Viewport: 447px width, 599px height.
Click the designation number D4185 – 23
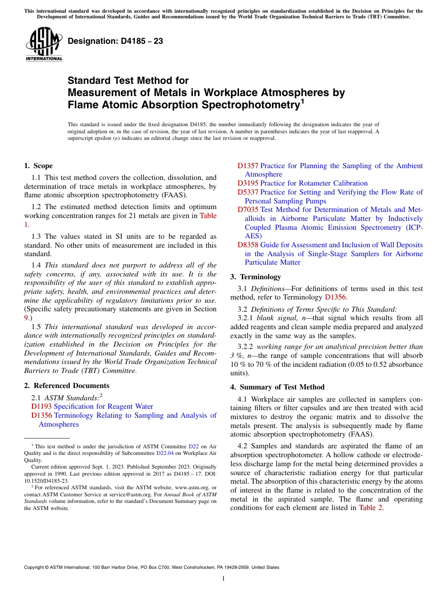(115, 41)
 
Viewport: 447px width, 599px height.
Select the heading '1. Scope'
(38, 166)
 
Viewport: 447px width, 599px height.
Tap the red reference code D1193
(41, 406)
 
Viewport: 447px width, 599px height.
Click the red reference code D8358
(247, 245)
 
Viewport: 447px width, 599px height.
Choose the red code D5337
(247, 192)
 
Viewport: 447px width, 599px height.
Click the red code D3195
(247, 183)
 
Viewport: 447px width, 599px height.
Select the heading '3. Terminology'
(255, 277)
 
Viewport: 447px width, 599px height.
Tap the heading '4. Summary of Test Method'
(277, 387)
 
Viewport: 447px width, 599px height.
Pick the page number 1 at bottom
(223, 578)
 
